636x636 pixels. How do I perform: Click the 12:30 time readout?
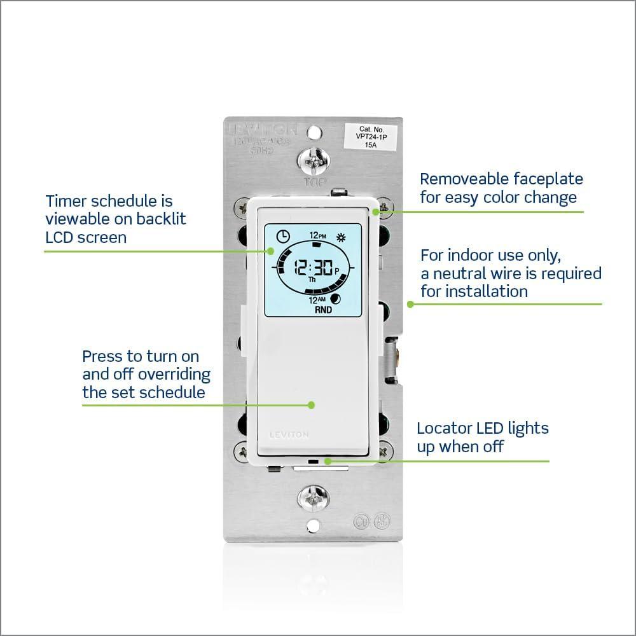pos(314,268)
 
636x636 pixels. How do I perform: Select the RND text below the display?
pos(324,311)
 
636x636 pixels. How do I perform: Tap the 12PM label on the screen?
pos(318,235)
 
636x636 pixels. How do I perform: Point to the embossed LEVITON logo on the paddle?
pos(289,435)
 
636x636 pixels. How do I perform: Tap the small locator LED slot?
pos(312,459)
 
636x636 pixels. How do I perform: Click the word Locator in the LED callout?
pos(444,428)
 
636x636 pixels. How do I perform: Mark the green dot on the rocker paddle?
pos(312,404)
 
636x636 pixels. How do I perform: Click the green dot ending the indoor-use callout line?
pos(410,304)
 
